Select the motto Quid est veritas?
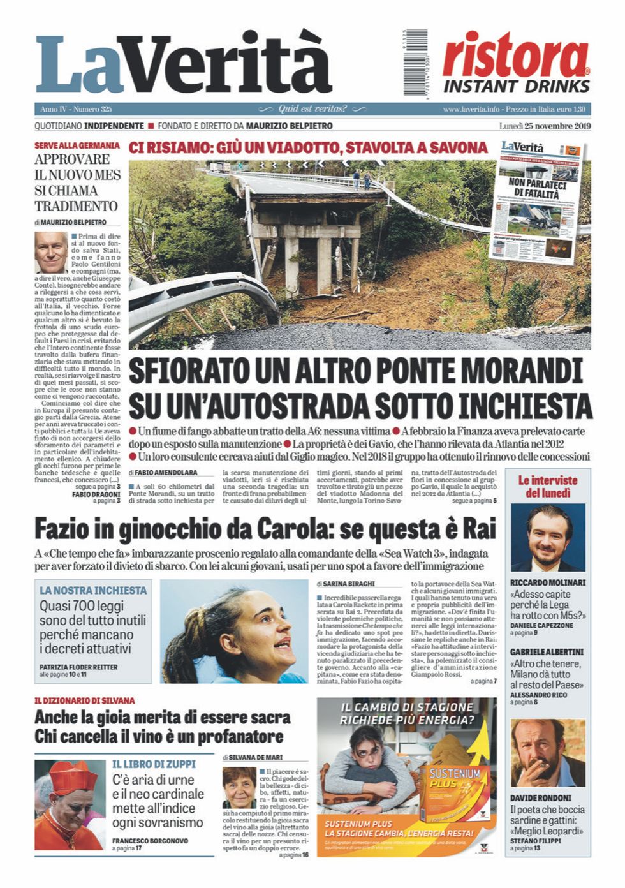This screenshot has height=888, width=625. pos(312,109)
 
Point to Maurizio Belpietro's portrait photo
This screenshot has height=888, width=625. pos(51,253)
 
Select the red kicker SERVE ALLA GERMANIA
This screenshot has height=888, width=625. pos(77,145)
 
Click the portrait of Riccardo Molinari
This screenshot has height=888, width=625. pos(547,538)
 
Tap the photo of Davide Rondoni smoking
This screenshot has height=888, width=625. pos(547,753)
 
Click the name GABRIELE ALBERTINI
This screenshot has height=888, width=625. pos(547,652)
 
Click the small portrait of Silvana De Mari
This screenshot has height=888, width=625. pos(239,787)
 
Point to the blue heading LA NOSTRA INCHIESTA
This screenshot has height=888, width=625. pos(93,591)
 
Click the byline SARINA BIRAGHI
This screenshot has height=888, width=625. pos(348,583)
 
